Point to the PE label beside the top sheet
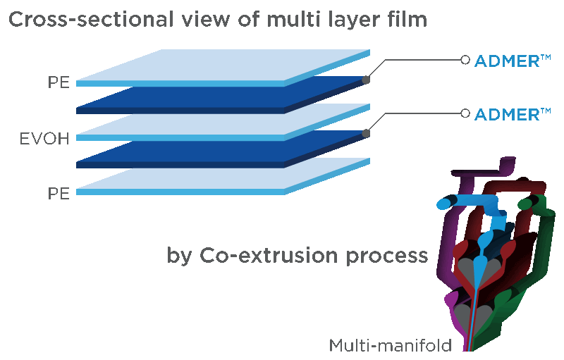59,84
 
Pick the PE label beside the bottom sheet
59,193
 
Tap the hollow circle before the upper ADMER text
465,61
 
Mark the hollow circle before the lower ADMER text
465,113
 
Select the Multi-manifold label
400,346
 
